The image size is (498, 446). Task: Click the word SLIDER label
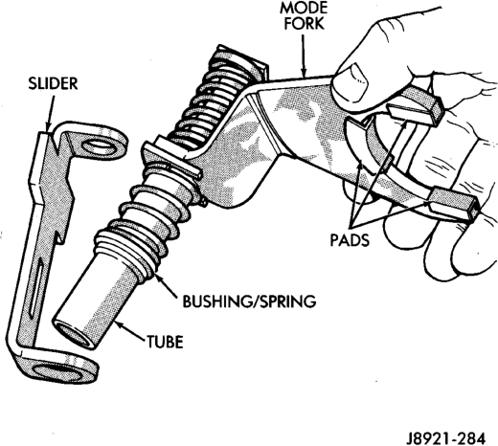coord(53,83)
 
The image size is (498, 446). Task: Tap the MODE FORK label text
coord(304,16)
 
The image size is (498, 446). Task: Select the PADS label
coord(350,239)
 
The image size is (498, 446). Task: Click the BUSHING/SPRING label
coord(249,301)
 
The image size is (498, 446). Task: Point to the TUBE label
coord(165,342)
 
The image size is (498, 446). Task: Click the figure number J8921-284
coord(446,438)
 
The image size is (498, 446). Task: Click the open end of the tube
coord(73,336)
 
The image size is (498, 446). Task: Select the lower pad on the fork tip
coord(454,205)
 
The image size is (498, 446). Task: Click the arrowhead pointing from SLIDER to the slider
coord(49,128)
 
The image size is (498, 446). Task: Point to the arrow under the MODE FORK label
coord(303,56)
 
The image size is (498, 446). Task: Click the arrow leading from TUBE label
coord(130,332)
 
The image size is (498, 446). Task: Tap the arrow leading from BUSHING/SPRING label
coord(166,285)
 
